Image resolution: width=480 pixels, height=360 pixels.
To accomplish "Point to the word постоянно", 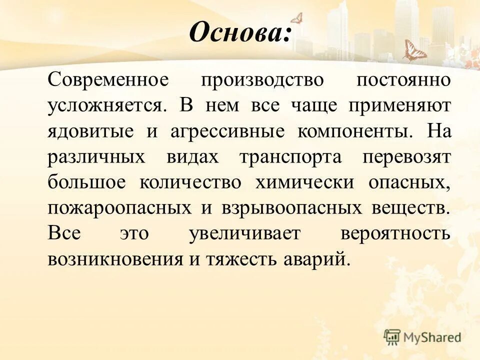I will tap(403, 80).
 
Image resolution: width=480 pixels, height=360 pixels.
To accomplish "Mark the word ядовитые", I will tap(90, 131).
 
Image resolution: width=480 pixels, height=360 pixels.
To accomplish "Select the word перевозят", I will tap(407, 157).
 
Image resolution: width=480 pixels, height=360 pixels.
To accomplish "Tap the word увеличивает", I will tap(245, 233).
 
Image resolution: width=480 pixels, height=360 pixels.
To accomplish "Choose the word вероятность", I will tap(396, 233).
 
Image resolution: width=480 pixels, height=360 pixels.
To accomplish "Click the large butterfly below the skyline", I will tap(414, 51).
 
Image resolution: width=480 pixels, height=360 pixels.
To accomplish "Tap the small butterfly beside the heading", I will tap(296, 18).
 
